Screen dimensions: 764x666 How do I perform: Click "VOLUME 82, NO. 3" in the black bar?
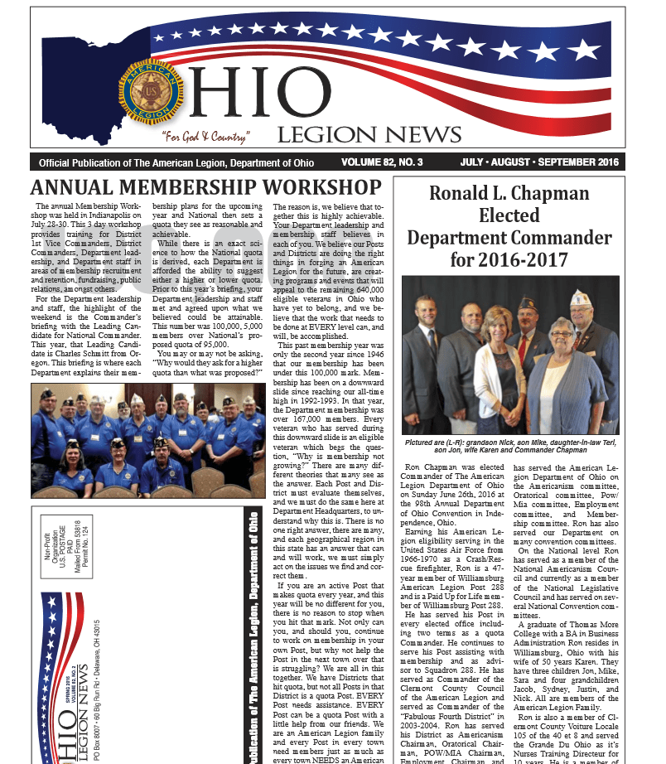coord(393,162)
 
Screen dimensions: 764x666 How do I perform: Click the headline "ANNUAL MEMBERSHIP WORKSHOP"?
coord(205,187)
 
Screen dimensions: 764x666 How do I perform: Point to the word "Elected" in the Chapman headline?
coord(509,216)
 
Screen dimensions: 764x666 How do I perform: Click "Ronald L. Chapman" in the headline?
coord(509,194)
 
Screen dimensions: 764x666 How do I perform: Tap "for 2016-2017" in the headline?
coord(509,260)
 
